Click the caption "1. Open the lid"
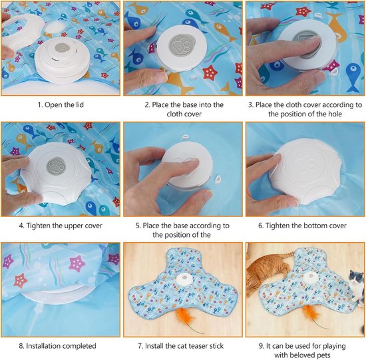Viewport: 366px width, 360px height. point(61,105)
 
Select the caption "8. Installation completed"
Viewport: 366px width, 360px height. point(57,346)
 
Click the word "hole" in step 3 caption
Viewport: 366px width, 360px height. point(334,114)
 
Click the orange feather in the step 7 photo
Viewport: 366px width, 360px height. point(186,319)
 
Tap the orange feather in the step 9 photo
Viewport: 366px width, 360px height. point(311,314)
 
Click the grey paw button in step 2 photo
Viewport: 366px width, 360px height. point(182,45)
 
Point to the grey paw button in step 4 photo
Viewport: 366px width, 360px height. point(55,166)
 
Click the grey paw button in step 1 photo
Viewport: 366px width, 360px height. point(62,48)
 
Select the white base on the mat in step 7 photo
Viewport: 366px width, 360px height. point(184,279)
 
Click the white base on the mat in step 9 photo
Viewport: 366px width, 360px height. point(311,277)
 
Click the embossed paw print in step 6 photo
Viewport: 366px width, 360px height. point(303,164)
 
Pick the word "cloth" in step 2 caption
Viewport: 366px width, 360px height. point(175,114)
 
